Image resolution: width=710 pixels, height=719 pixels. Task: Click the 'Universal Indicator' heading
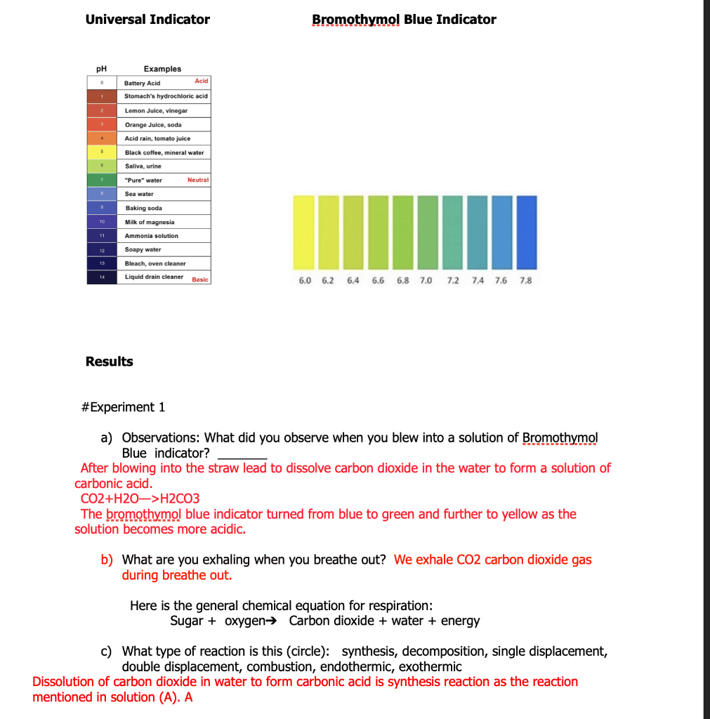pos(147,20)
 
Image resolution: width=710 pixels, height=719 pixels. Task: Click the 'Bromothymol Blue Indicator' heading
pos(404,20)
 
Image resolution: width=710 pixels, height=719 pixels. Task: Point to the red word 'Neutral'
pos(198,180)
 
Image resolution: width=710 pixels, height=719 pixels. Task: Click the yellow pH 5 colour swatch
pos(101,152)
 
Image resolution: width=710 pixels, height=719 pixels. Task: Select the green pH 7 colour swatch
pos(101,180)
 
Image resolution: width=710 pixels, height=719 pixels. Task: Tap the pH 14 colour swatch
pos(101,277)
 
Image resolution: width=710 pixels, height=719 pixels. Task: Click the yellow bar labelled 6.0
pos(303,232)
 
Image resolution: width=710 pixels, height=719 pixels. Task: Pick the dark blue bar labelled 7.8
pos(526,232)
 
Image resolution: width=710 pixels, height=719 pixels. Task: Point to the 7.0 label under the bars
pos(426,281)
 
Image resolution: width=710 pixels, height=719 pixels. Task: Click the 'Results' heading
pos(109,362)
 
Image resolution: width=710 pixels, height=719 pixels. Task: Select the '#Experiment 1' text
pos(123,407)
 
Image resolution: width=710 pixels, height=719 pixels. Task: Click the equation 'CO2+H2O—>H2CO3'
pos(140,499)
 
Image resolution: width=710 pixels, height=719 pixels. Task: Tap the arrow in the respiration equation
pos(278,621)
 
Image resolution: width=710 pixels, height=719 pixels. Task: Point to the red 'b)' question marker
pos(107,560)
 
